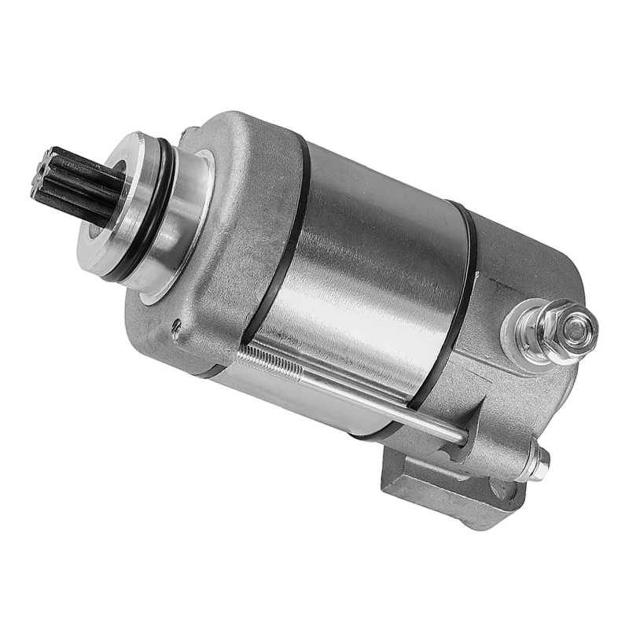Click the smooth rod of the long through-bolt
pos(377,401)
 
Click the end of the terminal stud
pos(578,330)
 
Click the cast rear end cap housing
pos(511,393)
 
